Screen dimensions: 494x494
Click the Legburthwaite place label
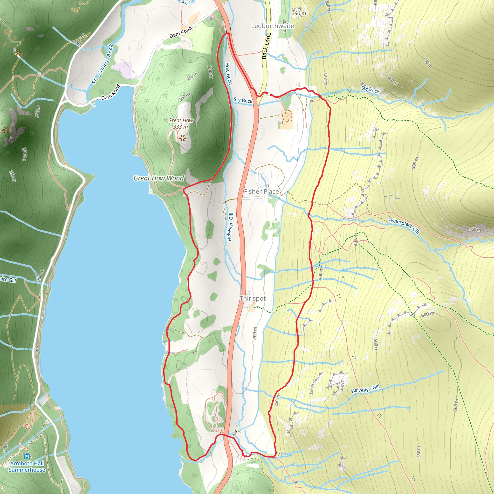click(272, 26)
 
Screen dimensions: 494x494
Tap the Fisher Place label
click(261, 192)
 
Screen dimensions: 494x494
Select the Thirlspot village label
click(252, 298)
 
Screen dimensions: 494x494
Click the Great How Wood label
click(158, 178)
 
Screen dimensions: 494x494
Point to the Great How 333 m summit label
click(180, 123)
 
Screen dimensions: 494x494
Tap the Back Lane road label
click(266, 46)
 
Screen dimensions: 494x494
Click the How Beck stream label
click(228, 73)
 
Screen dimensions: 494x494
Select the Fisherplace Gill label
click(404, 225)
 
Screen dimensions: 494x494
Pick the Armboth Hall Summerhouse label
click(27, 467)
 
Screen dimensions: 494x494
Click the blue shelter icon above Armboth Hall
click(27, 456)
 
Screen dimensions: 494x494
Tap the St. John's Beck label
click(103, 64)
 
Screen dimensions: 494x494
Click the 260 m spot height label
click(298, 13)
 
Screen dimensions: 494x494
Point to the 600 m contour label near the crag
click(427, 314)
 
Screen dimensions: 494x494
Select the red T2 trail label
click(27, 426)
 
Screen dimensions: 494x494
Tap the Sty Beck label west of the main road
click(243, 100)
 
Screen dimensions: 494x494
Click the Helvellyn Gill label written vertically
click(230, 227)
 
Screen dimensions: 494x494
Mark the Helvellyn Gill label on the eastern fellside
click(365, 389)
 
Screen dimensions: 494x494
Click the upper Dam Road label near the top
click(180, 32)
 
